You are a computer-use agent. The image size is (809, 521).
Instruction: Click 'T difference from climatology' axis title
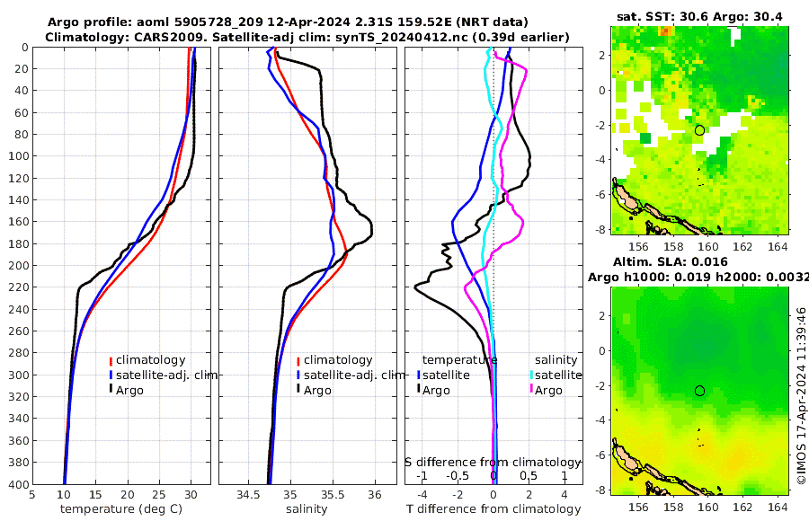tap(494, 509)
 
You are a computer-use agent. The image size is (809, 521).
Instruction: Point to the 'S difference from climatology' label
tap(494, 461)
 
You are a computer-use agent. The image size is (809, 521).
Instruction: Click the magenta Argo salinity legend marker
tap(531, 390)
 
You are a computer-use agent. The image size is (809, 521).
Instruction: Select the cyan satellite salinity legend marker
tap(531, 375)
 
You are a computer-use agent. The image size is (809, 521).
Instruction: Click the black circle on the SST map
tap(700, 130)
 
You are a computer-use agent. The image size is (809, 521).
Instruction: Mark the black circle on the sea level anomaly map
tap(700, 390)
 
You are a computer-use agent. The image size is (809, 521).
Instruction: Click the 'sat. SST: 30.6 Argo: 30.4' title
tap(698, 17)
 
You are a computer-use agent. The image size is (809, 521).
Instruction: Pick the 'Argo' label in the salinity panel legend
tap(317, 390)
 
